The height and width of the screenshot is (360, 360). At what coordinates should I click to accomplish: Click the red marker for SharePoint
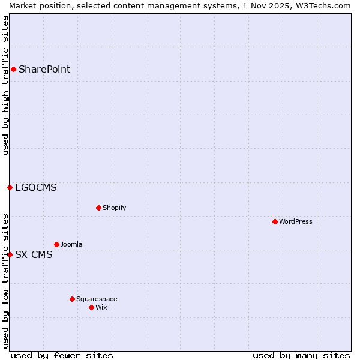tap(13, 69)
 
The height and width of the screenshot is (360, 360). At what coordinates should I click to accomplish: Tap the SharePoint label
tap(44, 69)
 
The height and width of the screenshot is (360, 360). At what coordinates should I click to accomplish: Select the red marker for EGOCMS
tap(10, 187)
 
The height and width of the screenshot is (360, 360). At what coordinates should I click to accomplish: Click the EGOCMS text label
tap(36, 187)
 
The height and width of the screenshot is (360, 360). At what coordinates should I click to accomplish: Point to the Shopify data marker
tap(98, 208)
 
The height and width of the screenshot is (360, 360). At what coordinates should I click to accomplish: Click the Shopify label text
tap(115, 208)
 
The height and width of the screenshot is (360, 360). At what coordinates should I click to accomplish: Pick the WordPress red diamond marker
tap(275, 221)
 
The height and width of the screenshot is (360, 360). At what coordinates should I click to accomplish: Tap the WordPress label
tap(296, 221)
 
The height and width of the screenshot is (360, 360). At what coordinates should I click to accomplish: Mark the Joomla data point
tap(56, 244)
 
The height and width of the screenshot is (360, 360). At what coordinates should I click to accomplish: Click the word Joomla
tap(71, 244)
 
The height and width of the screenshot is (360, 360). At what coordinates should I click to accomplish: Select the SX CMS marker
tap(10, 254)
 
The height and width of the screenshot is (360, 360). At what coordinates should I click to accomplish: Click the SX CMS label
tap(34, 254)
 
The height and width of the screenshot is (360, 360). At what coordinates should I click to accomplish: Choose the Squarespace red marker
tap(72, 299)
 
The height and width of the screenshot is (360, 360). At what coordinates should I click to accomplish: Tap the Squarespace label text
tap(97, 299)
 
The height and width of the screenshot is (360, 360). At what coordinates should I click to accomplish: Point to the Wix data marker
tap(91, 307)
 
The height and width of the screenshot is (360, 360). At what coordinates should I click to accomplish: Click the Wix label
tap(101, 307)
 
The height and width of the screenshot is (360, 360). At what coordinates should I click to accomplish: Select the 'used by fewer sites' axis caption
tap(62, 355)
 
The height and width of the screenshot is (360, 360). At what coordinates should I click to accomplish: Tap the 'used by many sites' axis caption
tap(301, 355)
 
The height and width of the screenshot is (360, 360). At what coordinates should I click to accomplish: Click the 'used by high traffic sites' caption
tap(5, 85)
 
